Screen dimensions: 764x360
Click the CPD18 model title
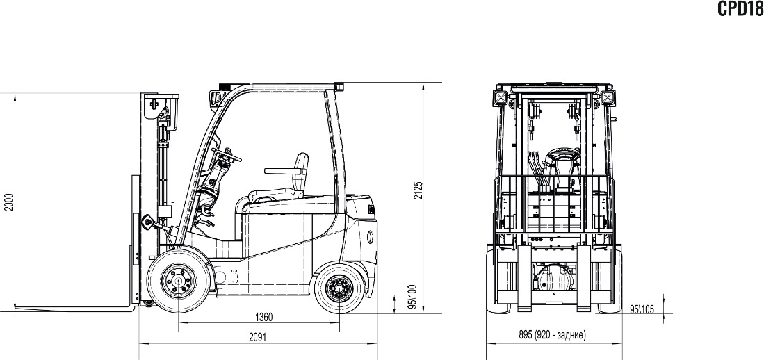[x=740, y=8]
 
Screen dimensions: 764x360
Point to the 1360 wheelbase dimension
[x=263, y=317]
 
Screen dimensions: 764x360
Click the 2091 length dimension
[x=258, y=337]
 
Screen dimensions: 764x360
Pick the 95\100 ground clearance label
[x=413, y=297]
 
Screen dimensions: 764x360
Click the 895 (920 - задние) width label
[x=552, y=335]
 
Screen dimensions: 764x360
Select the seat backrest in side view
[x=300, y=173]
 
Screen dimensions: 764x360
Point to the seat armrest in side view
[x=281, y=170]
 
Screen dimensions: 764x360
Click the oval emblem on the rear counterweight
[x=369, y=236]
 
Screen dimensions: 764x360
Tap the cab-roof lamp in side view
[x=214, y=98]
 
